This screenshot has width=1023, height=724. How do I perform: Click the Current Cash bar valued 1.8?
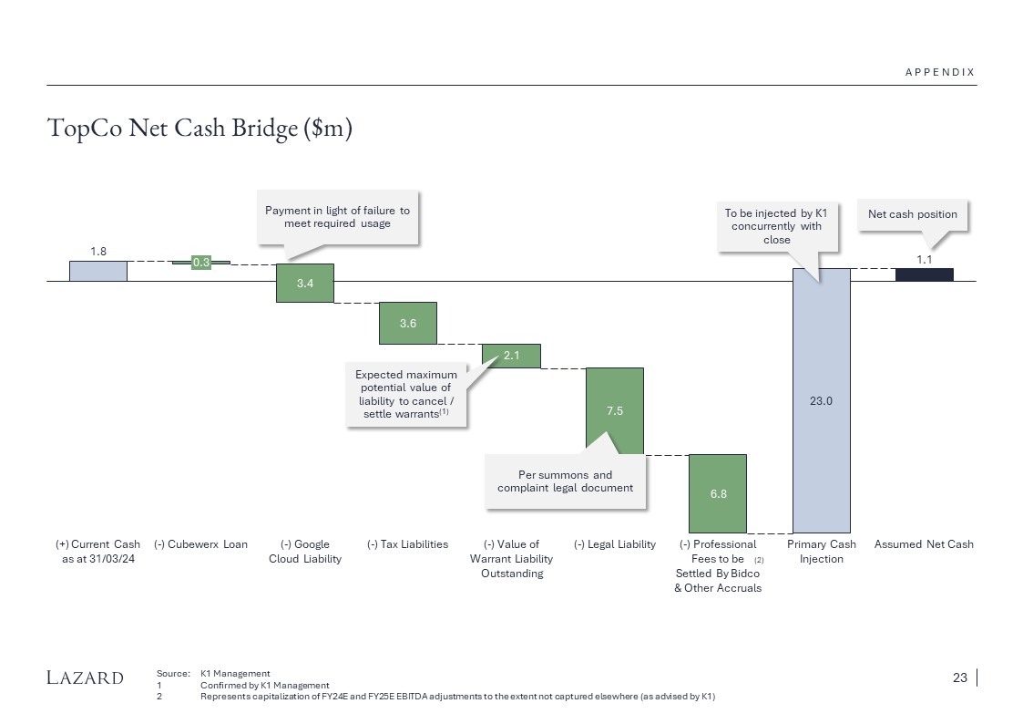[x=98, y=271]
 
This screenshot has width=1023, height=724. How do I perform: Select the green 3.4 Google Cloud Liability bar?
[x=305, y=283]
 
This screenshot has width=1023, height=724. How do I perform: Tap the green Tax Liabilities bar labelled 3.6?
[x=408, y=323]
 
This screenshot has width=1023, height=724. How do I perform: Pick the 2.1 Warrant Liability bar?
[x=511, y=356]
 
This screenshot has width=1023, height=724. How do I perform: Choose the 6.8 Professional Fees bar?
[x=718, y=493]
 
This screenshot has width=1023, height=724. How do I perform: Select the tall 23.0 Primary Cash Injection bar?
[x=822, y=399]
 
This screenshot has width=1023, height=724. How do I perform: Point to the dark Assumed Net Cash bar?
[x=925, y=274]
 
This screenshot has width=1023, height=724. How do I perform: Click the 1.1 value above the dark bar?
[x=925, y=259]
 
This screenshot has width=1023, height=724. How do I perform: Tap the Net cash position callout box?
[x=913, y=214]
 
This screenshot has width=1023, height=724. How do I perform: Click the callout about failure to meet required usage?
[x=338, y=217]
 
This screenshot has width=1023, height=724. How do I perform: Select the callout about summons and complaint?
[x=566, y=481]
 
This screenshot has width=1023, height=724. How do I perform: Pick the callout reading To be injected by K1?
[x=777, y=225]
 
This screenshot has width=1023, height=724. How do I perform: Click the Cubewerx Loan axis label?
[x=201, y=544]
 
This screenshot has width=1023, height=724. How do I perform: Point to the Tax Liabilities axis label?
[x=408, y=544]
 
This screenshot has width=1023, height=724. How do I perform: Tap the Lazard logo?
[x=86, y=677]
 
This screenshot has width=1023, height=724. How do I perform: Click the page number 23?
[x=959, y=677]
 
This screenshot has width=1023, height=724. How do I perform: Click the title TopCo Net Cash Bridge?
[x=199, y=129]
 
